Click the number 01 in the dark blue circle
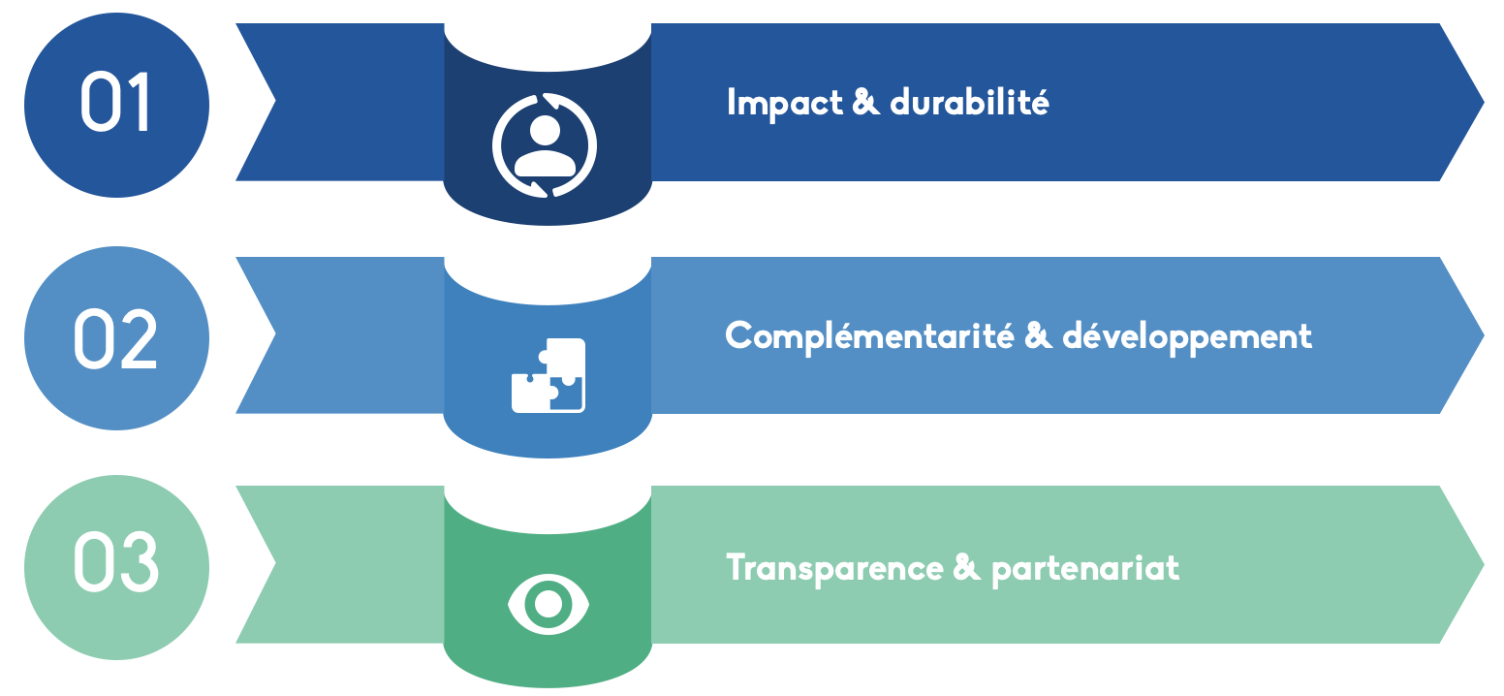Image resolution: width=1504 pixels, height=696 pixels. click(x=115, y=103)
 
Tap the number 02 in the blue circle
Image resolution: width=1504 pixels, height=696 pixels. click(x=115, y=338)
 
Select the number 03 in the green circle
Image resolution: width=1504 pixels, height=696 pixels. click(x=115, y=565)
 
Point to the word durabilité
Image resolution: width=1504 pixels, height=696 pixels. click(x=969, y=102)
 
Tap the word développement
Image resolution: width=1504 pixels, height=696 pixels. click(x=1187, y=337)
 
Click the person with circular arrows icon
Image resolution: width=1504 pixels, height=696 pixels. click(x=545, y=145)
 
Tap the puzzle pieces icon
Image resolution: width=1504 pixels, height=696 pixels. click(x=548, y=375)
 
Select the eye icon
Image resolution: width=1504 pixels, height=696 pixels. click(x=548, y=603)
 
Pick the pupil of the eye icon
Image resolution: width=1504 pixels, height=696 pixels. click(x=548, y=603)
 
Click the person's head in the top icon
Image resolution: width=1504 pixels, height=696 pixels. click(x=545, y=129)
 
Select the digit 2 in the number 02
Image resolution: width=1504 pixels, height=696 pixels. click(x=139, y=338)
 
